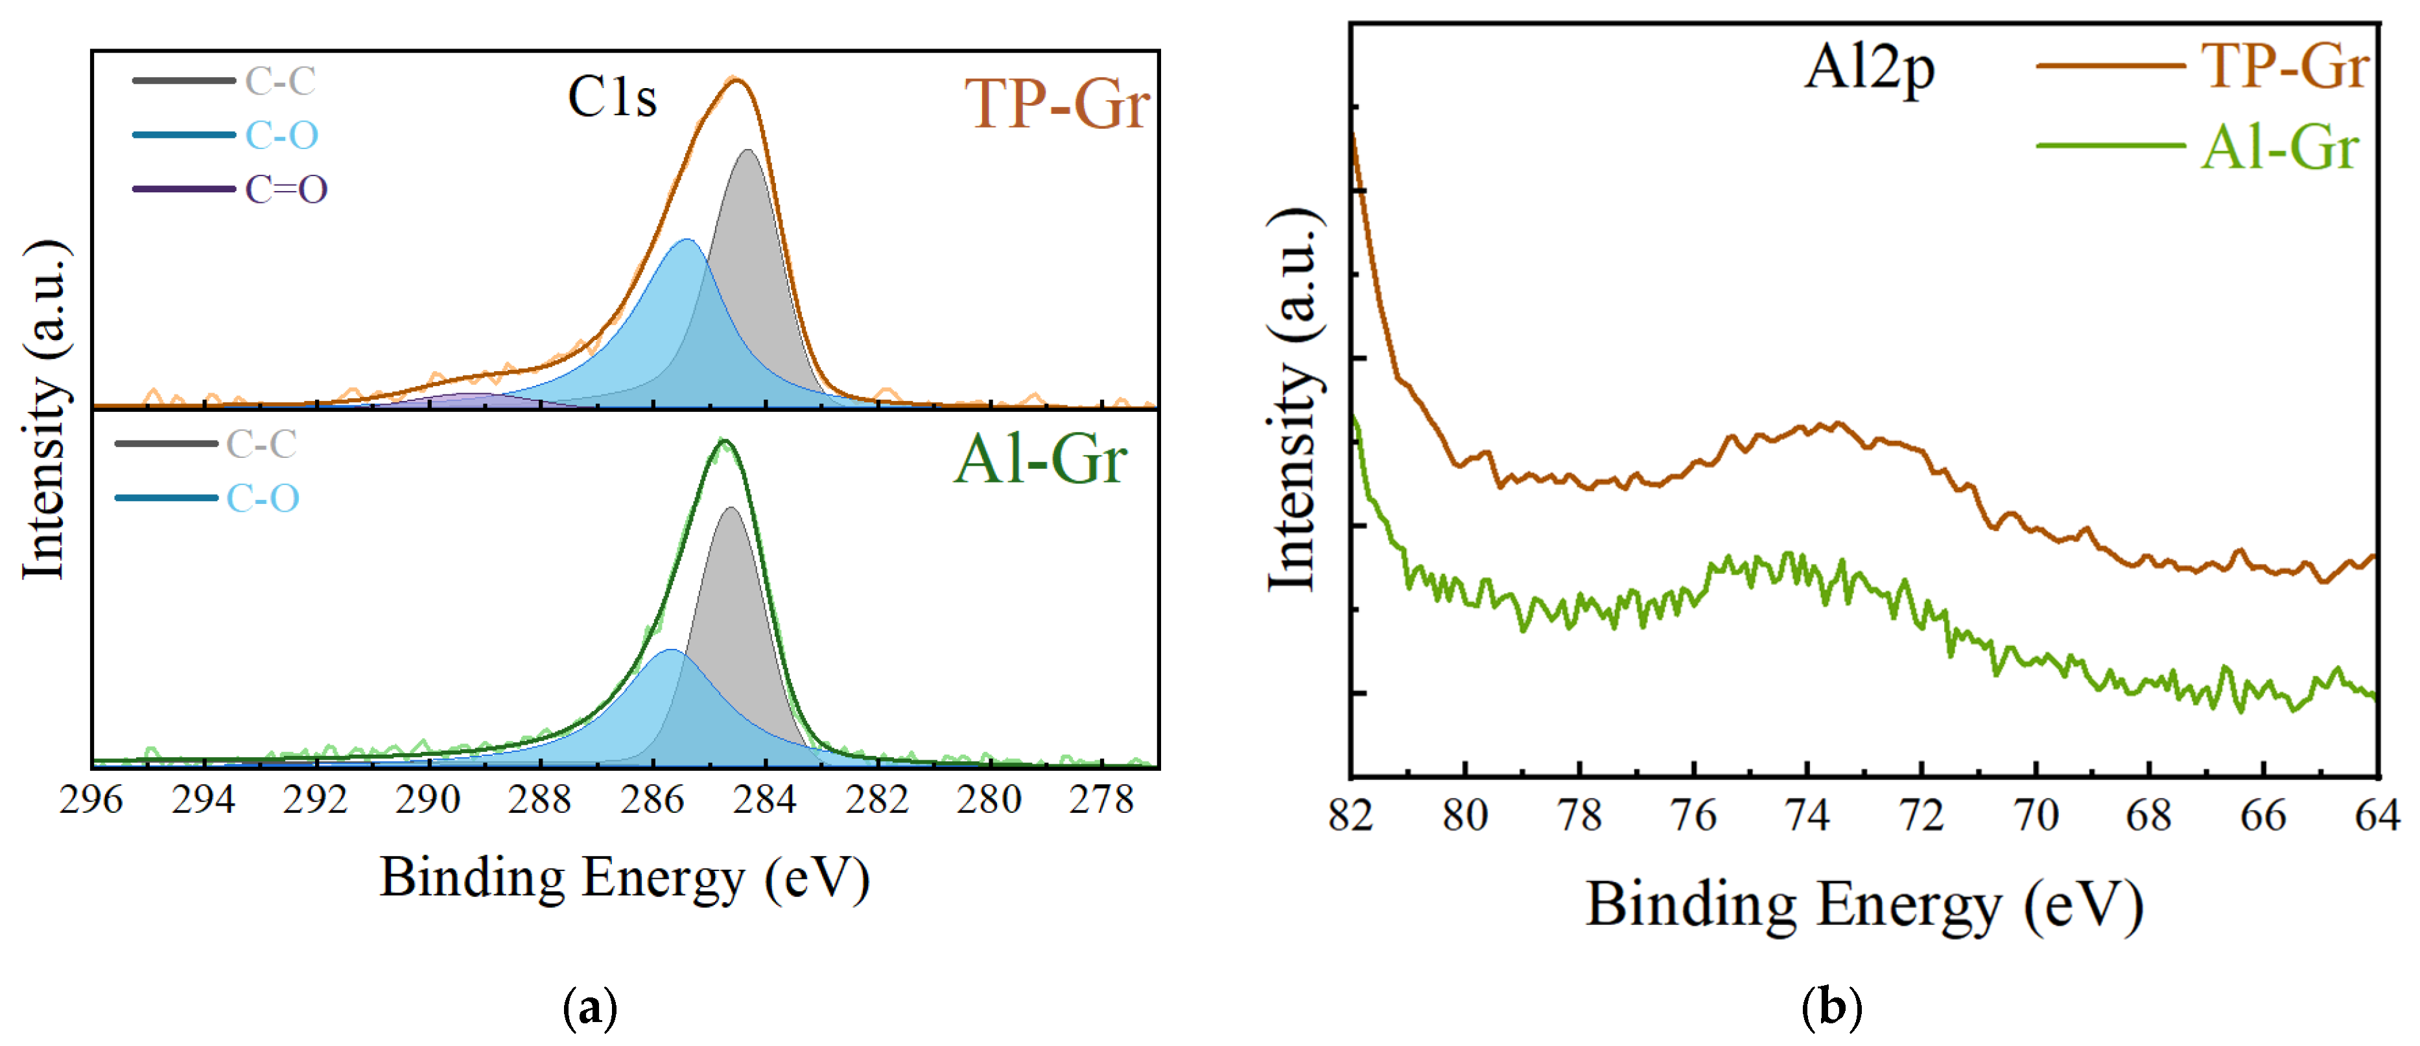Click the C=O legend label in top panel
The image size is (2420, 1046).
(286, 190)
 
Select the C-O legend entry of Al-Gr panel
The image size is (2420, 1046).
(262, 497)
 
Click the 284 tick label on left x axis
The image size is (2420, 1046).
(765, 800)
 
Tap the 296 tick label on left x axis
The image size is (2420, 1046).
(91, 800)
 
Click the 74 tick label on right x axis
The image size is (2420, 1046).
(1807, 815)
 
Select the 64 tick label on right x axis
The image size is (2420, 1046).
(2377, 815)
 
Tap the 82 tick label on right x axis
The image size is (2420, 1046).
(1351, 815)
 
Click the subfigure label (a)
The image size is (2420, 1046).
(590, 1008)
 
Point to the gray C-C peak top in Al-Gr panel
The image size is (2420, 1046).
(730, 509)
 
